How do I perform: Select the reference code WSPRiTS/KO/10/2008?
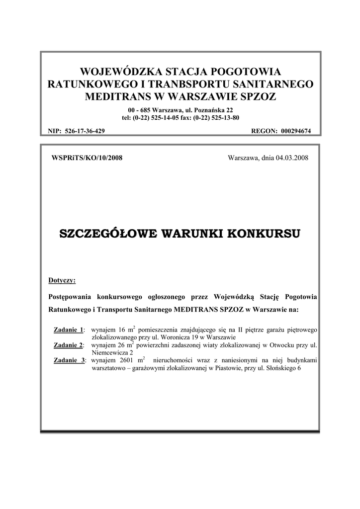(87, 158)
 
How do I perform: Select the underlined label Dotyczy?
(62, 280)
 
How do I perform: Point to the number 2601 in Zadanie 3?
(128, 360)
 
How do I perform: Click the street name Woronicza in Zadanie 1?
(181, 337)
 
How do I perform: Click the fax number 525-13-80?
(224, 117)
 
